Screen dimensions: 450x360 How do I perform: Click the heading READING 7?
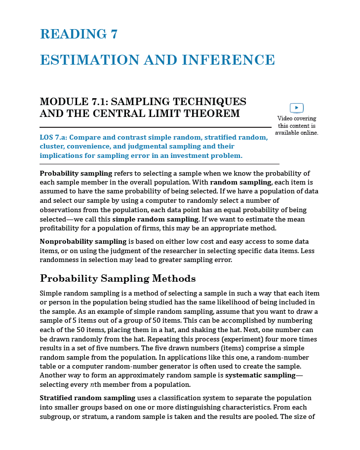(x=79, y=34)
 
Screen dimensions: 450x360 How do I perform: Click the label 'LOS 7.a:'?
(x=53, y=138)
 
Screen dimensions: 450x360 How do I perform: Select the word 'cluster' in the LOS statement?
(x=51, y=147)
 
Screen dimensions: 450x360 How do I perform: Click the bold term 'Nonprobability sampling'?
(x=83, y=242)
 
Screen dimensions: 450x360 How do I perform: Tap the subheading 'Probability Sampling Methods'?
(x=118, y=278)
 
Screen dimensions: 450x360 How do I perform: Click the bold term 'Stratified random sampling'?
(x=87, y=398)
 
